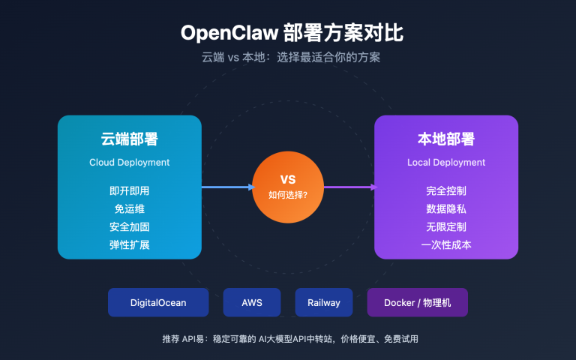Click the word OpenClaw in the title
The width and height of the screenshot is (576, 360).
coord(228,34)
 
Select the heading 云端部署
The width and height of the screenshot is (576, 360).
coord(129,139)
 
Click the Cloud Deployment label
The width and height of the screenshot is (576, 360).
coord(129,162)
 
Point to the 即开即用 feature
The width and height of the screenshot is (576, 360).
coord(129,190)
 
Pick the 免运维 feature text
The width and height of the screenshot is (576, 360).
coord(129,208)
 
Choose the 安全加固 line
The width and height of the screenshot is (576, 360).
coord(129,226)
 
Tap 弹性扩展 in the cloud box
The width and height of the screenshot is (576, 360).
coord(129,244)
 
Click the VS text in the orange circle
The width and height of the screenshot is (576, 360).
coord(288,179)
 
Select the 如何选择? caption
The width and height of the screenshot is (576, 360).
coord(288,194)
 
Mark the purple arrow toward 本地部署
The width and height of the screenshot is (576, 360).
coord(349,187)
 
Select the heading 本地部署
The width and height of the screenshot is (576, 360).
coord(446,139)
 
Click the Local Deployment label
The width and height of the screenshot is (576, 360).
coord(446,162)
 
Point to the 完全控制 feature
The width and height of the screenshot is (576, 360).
coord(446,190)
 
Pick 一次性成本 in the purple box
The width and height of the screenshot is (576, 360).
coord(446,244)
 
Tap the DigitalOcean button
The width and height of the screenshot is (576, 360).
coord(158,302)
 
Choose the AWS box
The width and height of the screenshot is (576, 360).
coord(252,302)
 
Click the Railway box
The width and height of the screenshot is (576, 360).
coord(324,302)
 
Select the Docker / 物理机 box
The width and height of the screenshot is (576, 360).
coord(417,302)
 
